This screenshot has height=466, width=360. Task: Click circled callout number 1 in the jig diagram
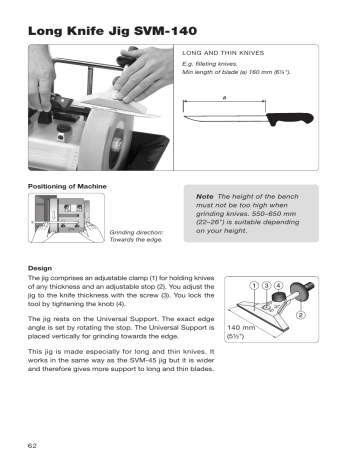tap(256, 288)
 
